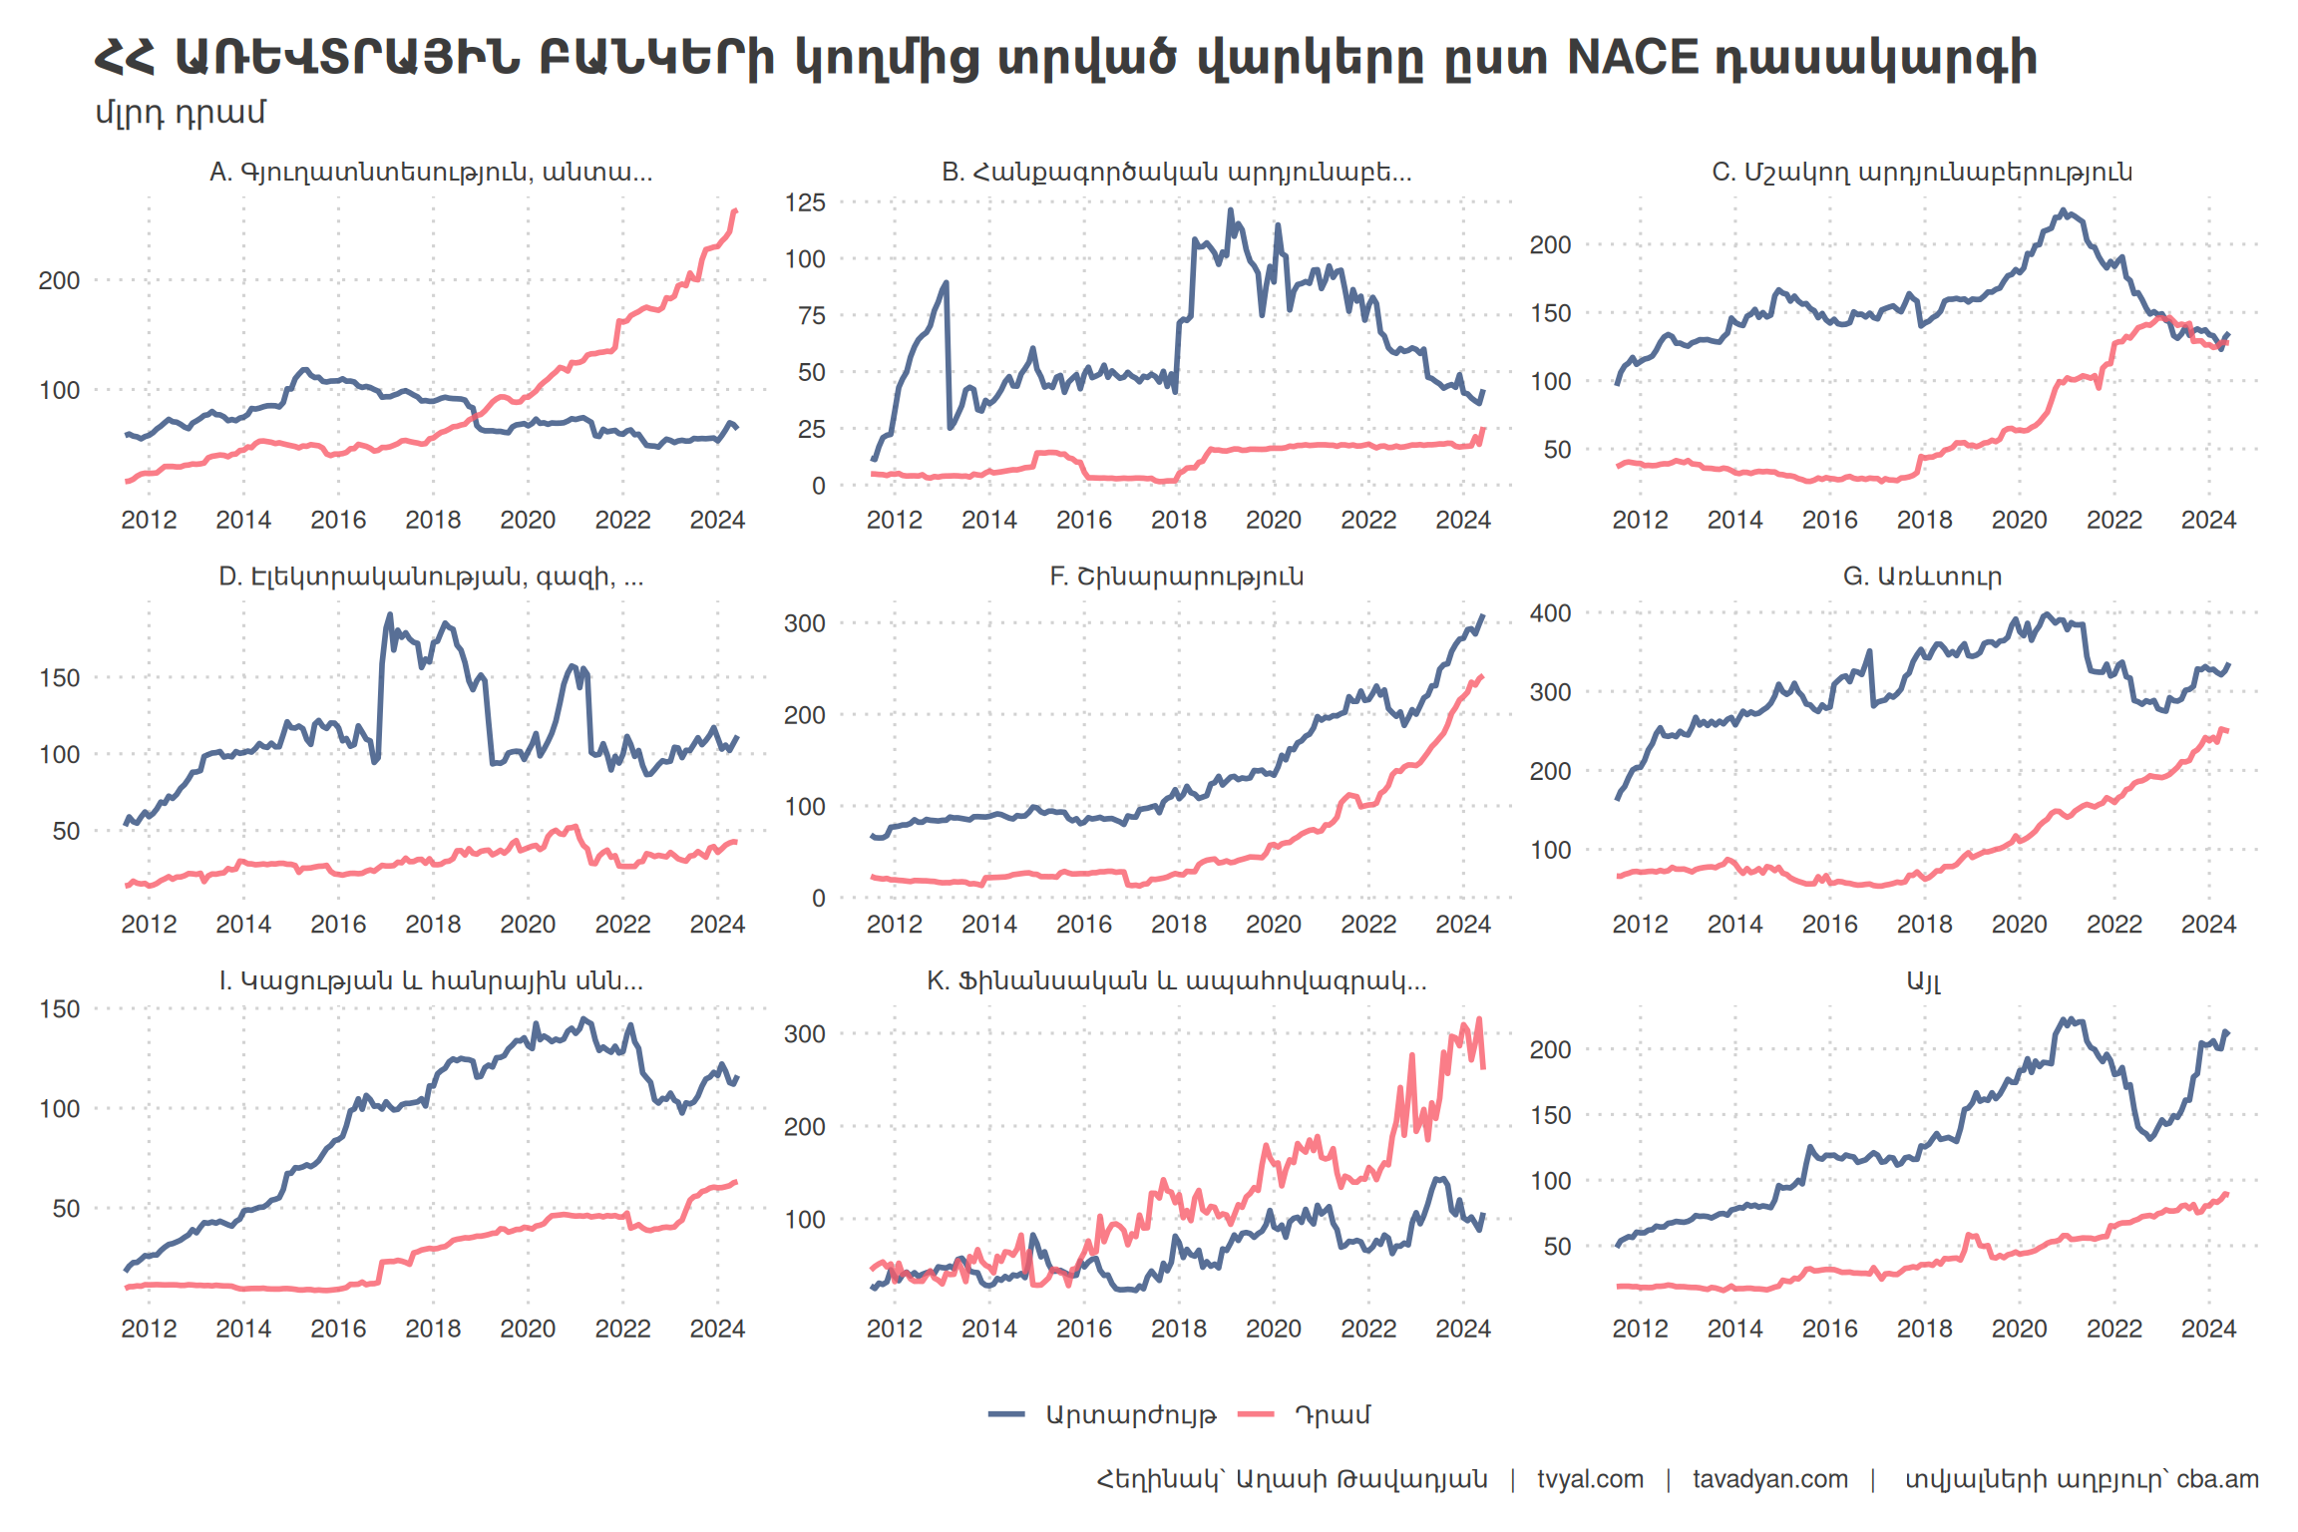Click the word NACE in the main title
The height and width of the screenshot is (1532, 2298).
(1633, 58)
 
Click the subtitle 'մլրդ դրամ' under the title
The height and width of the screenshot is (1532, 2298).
(181, 113)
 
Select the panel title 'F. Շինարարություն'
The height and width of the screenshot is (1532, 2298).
(1176, 576)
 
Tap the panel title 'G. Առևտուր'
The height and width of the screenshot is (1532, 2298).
(1922, 576)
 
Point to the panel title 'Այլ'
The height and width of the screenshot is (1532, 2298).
(1923, 981)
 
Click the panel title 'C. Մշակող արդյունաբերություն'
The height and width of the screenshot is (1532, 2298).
(1922, 173)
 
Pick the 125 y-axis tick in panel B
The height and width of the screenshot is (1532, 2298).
(805, 203)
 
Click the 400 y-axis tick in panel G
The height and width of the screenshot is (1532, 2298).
(1550, 613)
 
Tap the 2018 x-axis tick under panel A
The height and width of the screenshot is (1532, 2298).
(433, 520)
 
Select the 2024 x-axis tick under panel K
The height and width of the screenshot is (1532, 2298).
(1462, 1329)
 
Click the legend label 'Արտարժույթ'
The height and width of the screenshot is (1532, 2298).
(1131, 1415)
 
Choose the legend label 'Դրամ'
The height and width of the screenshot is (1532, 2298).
(1333, 1415)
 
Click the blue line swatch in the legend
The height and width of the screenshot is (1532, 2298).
(1006, 1414)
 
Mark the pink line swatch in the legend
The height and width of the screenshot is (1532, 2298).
(1256, 1414)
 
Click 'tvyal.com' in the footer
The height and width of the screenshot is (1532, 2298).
(1590, 1479)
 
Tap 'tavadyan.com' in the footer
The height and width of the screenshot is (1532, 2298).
(1770, 1479)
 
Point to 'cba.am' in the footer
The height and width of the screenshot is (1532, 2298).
(2217, 1479)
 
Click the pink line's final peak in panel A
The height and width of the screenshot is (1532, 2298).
(735, 210)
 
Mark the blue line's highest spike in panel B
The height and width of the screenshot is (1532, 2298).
(1230, 210)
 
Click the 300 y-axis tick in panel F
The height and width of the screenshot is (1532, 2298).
(805, 624)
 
